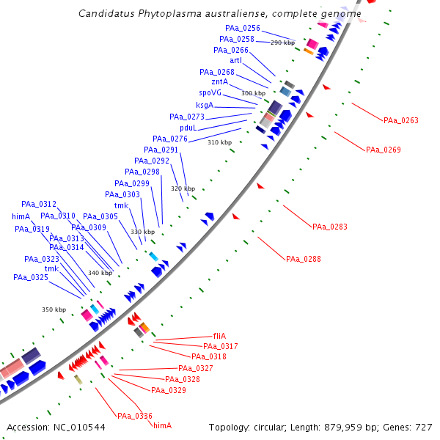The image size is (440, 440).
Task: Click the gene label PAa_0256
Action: tap(243, 28)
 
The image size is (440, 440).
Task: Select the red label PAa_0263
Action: tap(401, 120)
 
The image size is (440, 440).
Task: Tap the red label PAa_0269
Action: tap(384, 150)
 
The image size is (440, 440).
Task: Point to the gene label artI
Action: tap(235, 61)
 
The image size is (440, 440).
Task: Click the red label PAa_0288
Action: tap(304, 260)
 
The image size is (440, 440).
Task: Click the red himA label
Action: tap(162, 425)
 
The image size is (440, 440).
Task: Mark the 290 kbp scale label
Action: tap(282, 43)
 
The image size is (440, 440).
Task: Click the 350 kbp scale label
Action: tap(54, 310)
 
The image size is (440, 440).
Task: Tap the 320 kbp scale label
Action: tap(183, 188)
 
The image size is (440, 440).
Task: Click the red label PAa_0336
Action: tap(135, 416)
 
